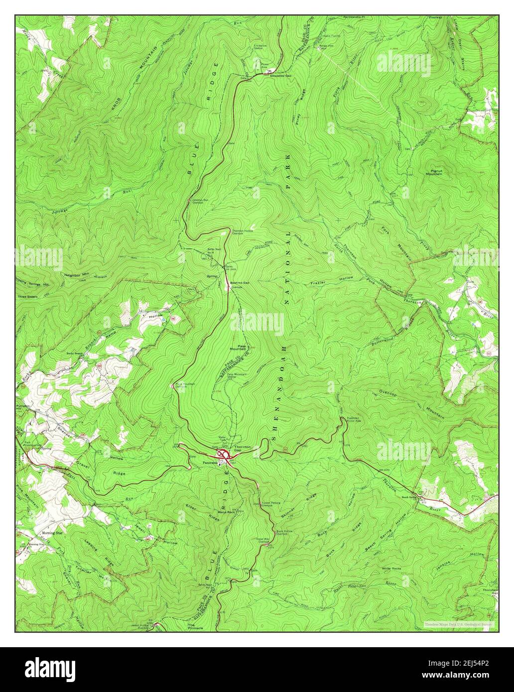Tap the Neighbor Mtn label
click(76, 274)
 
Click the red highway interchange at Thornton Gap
click(225, 455)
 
